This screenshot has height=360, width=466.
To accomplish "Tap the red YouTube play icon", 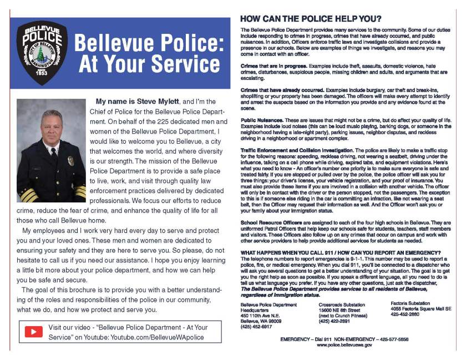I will [x=33, y=332].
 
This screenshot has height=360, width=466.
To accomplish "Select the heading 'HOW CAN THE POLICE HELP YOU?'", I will [x=310, y=18].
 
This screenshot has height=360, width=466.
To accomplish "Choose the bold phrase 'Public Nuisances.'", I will [x=259, y=120].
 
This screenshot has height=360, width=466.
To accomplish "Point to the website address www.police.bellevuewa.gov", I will [x=345, y=346].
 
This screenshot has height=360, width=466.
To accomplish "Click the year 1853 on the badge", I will [x=41, y=73].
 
